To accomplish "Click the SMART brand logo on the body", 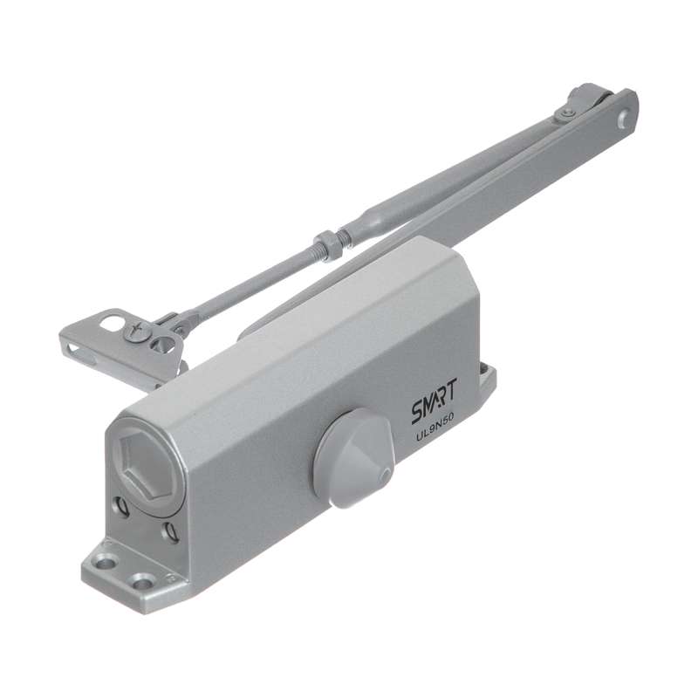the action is [x=434, y=401].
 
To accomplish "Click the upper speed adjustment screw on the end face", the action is [x=122, y=507].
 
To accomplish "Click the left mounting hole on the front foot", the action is [x=106, y=563].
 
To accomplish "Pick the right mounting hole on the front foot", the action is [x=144, y=581].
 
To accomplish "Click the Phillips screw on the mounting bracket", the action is [x=136, y=331].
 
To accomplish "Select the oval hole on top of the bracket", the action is [x=111, y=321].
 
